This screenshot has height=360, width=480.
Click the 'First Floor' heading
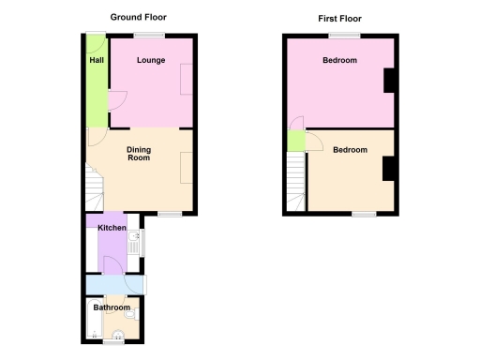(x=338, y=18)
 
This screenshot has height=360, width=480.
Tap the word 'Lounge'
(x=151, y=61)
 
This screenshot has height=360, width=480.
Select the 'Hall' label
(x=96, y=61)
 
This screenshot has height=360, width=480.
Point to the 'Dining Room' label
(x=139, y=154)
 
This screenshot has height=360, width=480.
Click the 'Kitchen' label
(x=112, y=228)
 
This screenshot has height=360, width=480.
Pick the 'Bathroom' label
(x=112, y=307)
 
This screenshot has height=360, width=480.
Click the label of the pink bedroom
(x=339, y=61)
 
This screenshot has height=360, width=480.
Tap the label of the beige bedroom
(x=350, y=150)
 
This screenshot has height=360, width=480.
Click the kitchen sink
(x=134, y=244)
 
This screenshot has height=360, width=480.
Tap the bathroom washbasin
(x=119, y=337)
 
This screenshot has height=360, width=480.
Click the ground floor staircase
(x=93, y=187)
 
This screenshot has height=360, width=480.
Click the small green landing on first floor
(x=296, y=141)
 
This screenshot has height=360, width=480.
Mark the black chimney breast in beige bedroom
(x=387, y=169)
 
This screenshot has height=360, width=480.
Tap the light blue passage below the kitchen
(x=114, y=284)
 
